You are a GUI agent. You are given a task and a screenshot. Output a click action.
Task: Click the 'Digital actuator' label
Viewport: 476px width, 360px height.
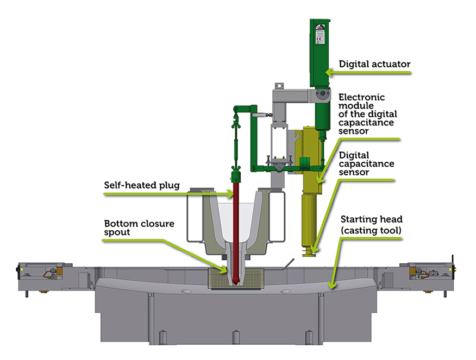374,64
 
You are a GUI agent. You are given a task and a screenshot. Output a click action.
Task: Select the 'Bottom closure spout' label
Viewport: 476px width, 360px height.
139,228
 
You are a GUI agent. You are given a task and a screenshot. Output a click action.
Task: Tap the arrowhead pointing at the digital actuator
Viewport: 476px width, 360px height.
327,72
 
